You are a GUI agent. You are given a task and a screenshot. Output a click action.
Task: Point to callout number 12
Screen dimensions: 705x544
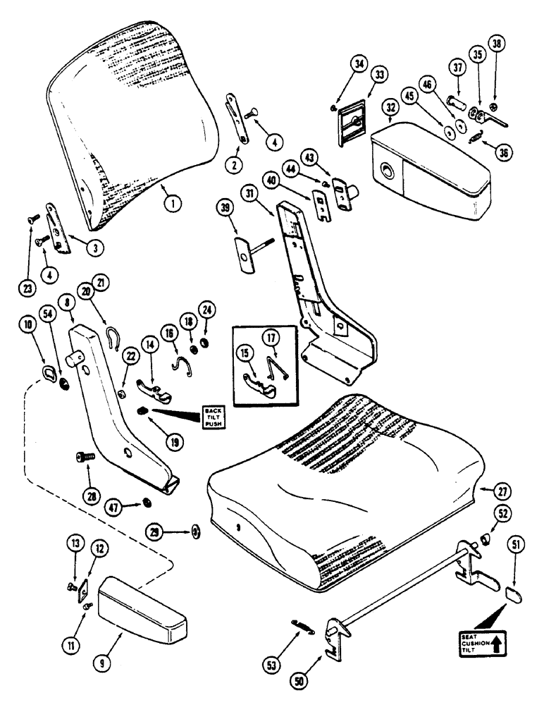click(x=101, y=548)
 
